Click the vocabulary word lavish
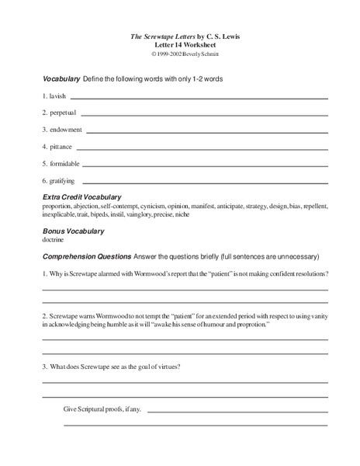59,96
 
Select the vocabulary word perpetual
64,113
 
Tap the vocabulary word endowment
67,130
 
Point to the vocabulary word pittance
63,146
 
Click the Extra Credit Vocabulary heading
81,197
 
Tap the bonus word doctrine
54,240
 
